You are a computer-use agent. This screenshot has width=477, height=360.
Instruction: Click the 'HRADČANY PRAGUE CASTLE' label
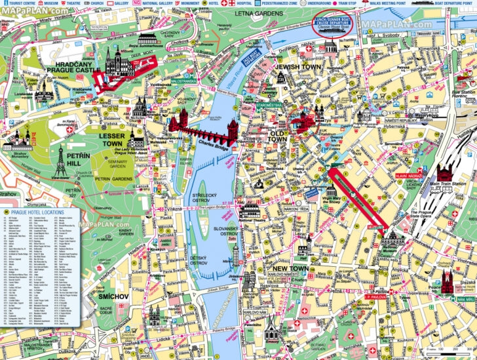click(73, 66)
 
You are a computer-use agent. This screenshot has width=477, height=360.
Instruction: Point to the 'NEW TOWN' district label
click(291, 270)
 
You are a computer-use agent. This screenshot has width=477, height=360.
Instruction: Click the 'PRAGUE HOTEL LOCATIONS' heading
click(40, 213)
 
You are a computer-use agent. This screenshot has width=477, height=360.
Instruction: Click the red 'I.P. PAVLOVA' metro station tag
click(377, 297)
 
